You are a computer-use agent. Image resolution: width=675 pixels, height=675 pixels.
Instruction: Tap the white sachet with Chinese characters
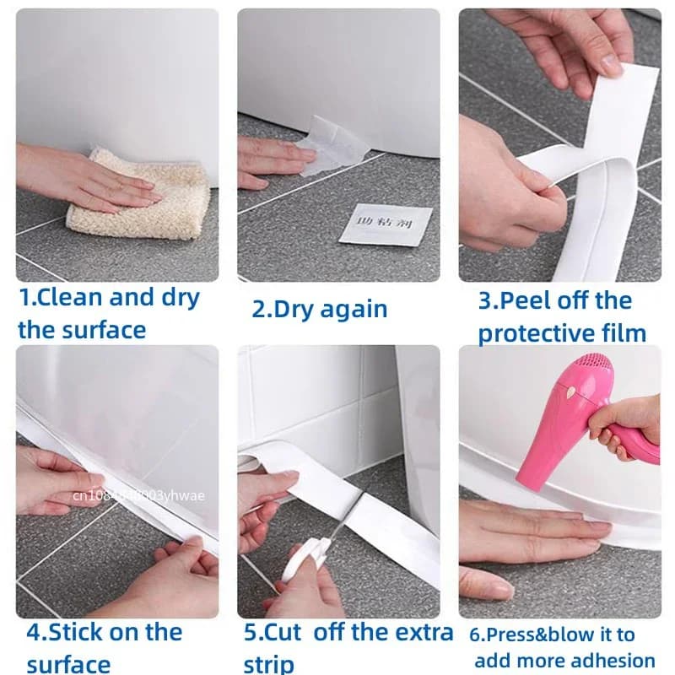click(386, 224)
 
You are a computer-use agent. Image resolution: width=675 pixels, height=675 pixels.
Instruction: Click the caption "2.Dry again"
click(319, 309)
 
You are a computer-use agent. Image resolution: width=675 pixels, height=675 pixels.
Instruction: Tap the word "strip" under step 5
click(268, 663)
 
